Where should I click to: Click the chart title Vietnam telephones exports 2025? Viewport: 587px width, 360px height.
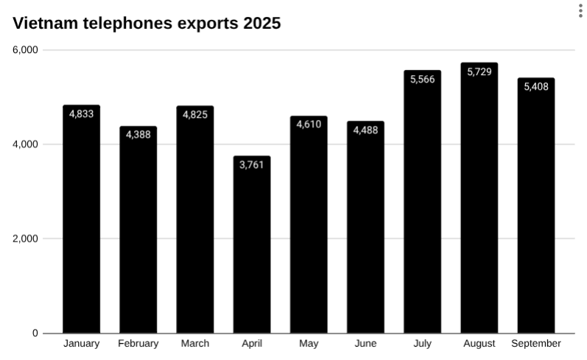(x=147, y=24)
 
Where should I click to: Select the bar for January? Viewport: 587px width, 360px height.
(x=81, y=221)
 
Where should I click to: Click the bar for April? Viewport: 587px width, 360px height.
(x=252, y=247)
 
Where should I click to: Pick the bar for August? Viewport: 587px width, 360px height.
(x=479, y=199)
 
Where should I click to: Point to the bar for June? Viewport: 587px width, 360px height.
(x=365, y=228)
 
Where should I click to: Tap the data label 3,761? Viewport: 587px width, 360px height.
(x=252, y=164)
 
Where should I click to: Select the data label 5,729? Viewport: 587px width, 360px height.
(x=479, y=71)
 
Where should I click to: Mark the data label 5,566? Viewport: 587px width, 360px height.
(x=423, y=80)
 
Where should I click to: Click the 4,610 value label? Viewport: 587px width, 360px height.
(x=309, y=124)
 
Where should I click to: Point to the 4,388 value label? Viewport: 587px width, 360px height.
(x=138, y=135)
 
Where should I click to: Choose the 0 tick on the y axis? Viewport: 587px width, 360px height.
(x=35, y=333)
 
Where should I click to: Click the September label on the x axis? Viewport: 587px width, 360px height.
(x=535, y=344)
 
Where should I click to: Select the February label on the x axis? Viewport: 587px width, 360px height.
(x=138, y=344)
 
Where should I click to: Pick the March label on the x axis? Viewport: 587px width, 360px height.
(x=195, y=344)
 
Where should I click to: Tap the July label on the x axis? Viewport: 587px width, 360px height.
(x=423, y=344)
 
